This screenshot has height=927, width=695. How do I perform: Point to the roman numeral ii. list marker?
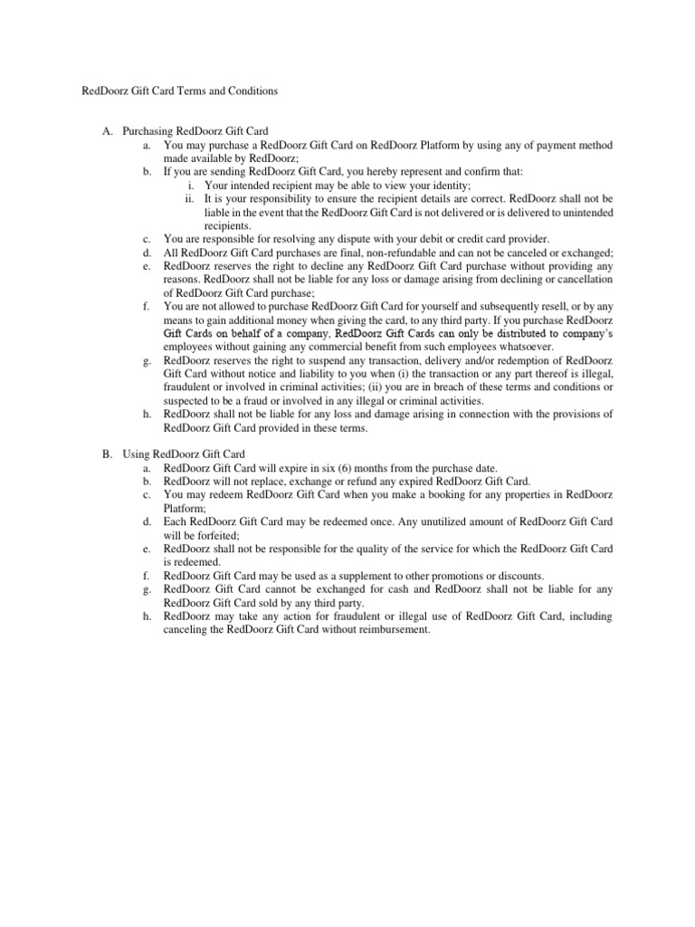189,199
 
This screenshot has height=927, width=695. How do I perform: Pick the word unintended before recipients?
582,213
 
